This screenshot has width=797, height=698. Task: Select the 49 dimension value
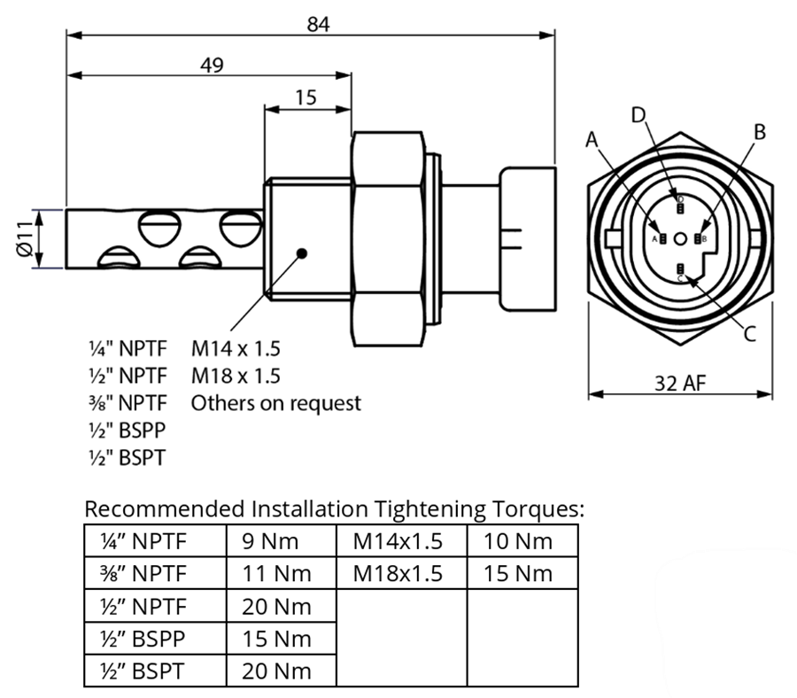(211, 65)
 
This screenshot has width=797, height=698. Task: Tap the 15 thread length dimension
(306, 97)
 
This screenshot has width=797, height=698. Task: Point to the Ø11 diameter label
(27, 238)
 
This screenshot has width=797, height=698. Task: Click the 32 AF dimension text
(680, 383)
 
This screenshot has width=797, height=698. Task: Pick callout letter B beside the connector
(758, 132)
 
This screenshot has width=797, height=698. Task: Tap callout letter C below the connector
(749, 333)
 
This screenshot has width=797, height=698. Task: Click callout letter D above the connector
(638, 114)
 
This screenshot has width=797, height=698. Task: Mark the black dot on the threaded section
(302, 252)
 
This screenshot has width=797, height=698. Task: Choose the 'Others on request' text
(276, 403)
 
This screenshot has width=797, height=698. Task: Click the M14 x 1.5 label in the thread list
(236, 348)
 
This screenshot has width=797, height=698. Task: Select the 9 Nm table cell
(270, 540)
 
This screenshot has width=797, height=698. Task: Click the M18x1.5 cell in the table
(398, 573)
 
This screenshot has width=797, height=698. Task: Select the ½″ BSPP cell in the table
(144, 638)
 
